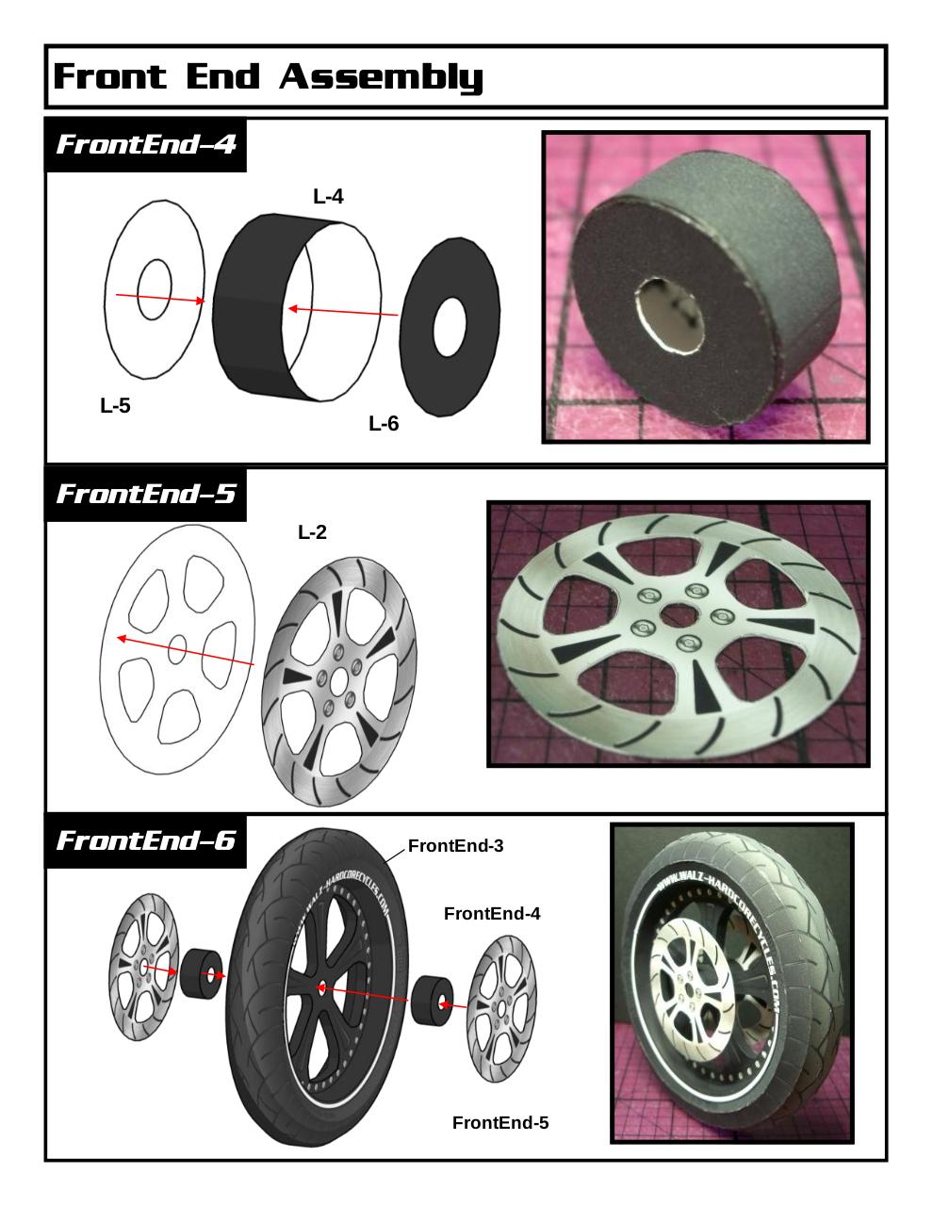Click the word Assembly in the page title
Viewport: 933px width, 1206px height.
pos(381,76)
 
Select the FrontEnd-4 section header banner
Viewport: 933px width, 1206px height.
pos(145,144)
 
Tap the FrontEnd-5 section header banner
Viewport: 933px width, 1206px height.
pos(145,494)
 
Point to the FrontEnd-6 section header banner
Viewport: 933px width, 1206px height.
pos(145,840)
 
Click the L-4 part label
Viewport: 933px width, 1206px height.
pos(328,196)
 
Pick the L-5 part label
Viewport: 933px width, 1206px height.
pos(115,405)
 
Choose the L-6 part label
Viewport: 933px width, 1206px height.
pos(384,423)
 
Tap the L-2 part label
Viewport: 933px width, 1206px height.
pos(312,532)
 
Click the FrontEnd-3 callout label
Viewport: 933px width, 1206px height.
pos(455,846)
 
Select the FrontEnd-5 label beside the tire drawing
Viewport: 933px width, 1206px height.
pos(500,1123)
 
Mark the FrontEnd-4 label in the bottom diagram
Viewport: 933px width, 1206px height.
pos(492,914)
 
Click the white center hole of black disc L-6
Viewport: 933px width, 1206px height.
pos(450,328)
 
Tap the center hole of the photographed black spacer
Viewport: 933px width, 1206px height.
pos(669,316)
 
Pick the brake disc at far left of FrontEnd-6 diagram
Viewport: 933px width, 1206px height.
pos(144,968)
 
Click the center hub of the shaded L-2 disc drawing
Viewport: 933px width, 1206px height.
pos(338,682)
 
